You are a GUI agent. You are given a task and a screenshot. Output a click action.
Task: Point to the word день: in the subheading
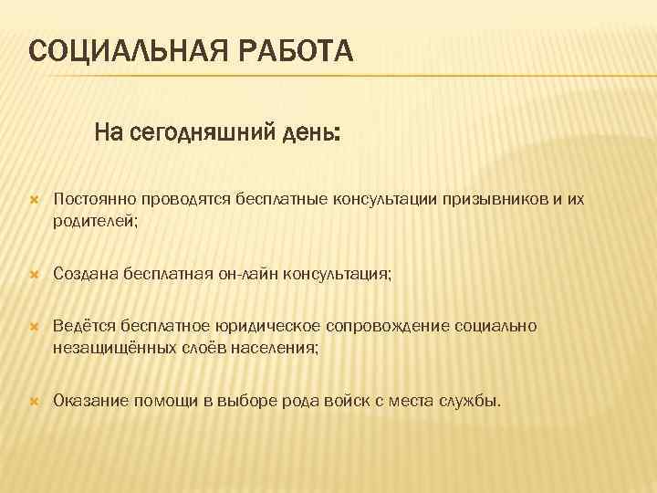click(309, 134)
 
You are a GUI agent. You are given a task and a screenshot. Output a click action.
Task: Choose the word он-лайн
click(248, 272)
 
